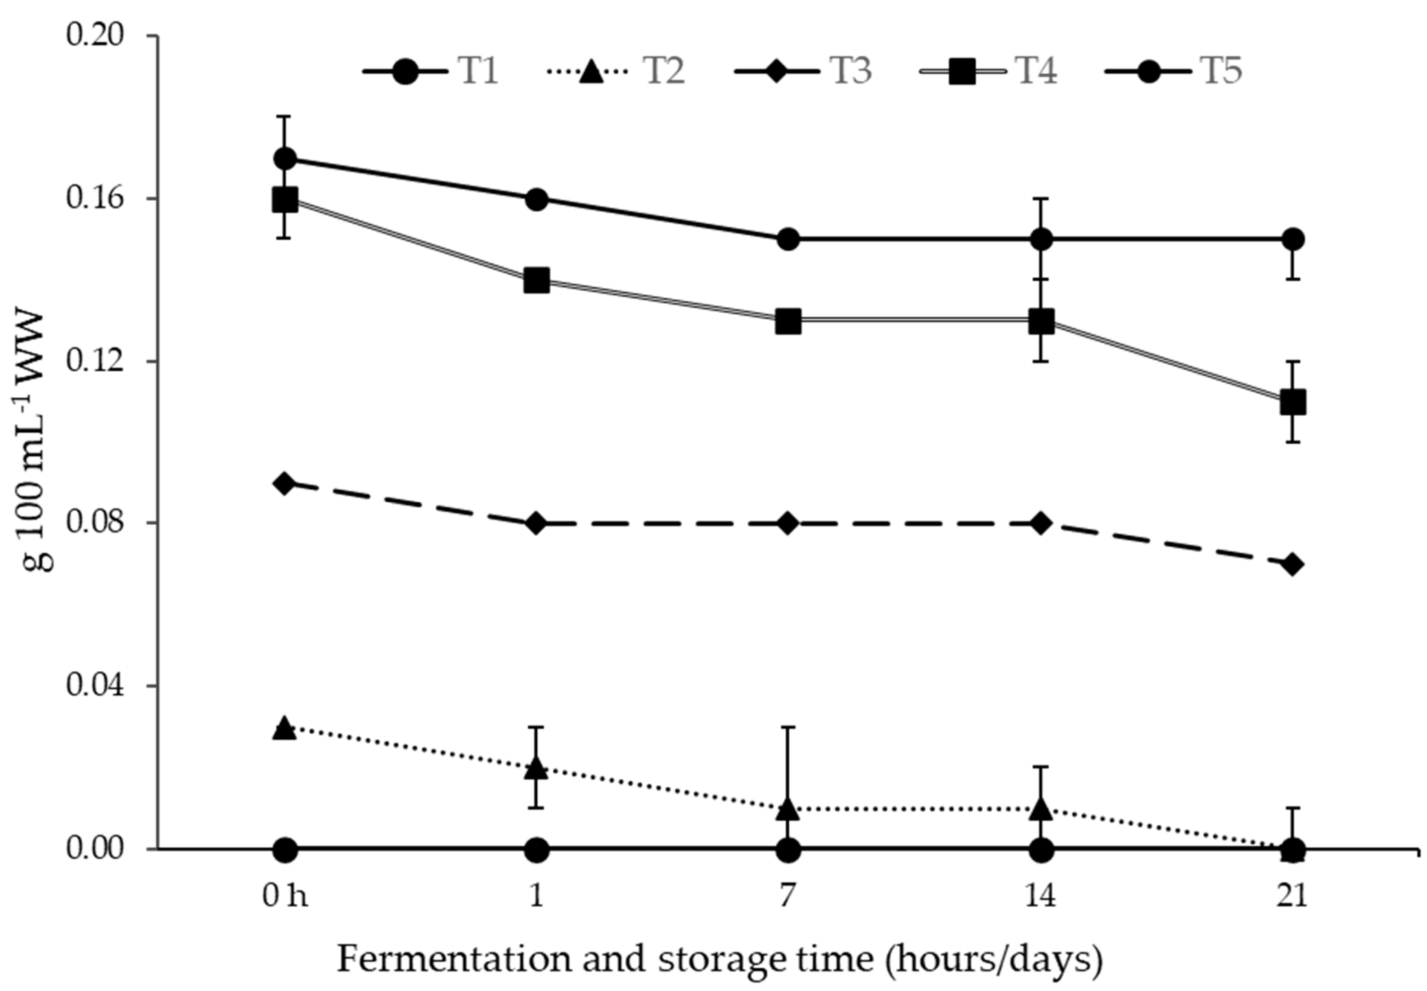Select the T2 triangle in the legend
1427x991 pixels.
click(592, 72)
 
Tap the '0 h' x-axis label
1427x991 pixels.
click(285, 897)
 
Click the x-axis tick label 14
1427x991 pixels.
click(1041, 897)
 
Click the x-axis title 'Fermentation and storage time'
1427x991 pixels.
click(720, 959)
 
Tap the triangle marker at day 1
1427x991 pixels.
click(537, 769)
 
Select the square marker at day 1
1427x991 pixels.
click(537, 281)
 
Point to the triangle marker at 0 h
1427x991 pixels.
click(285, 727)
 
